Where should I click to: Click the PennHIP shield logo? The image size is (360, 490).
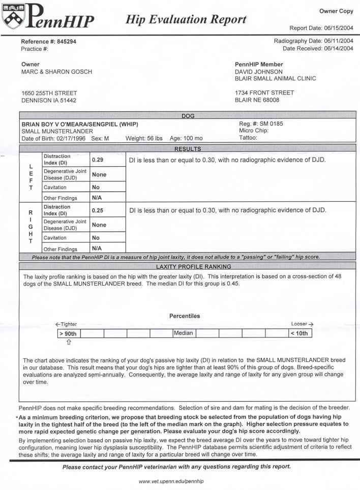coord(14,17)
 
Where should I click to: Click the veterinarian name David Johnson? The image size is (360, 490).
coord(259,72)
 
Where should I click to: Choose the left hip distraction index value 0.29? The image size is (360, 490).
coord(98,160)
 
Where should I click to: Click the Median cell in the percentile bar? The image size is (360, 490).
coord(183,333)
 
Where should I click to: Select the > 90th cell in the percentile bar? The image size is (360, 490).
coord(69,334)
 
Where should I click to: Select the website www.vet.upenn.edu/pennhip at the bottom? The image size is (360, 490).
coord(174,481)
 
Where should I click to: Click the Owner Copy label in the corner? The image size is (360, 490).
coord(336,11)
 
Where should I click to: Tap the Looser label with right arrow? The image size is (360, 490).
coord(302,324)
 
